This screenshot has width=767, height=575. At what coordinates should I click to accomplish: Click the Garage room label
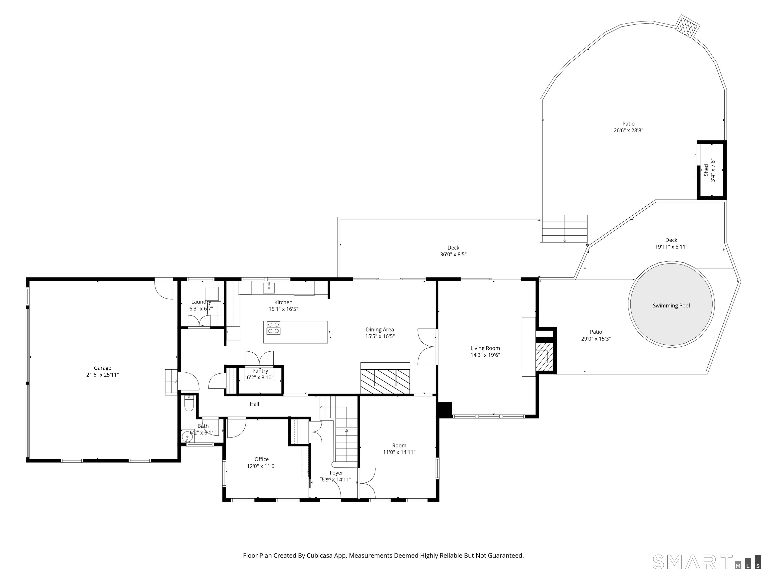(103, 368)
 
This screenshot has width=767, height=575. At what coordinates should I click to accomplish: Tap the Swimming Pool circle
(671, 304)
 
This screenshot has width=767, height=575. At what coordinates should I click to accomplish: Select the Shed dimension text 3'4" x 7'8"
(713, 170)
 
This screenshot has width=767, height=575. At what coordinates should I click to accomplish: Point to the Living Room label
(485, 348)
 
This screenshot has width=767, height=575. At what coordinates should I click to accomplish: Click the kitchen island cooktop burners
(273, 328)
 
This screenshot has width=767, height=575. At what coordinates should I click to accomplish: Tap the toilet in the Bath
(189, 403)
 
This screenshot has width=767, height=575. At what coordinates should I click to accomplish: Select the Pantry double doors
(259, 358)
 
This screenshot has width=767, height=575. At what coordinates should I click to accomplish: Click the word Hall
(254, 404)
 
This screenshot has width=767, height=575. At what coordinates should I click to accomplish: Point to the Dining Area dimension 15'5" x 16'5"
(380, 336)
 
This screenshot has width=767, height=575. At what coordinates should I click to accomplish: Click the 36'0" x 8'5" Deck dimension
(453, 254)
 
